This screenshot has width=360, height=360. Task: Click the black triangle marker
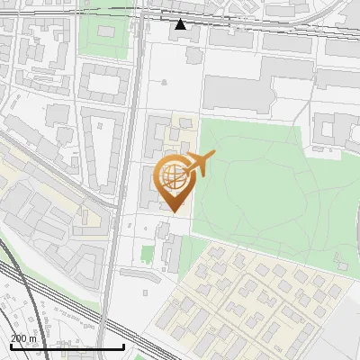pos(180,24)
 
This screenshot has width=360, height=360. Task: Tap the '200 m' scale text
pos(23,338)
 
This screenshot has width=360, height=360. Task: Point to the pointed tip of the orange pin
pos(175,211)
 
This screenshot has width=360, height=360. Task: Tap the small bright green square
pos(148,254)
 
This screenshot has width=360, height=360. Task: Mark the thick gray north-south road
pos(110,270)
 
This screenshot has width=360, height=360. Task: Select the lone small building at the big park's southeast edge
pos(339,264)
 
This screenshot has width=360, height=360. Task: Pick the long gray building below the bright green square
pos(139,274)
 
